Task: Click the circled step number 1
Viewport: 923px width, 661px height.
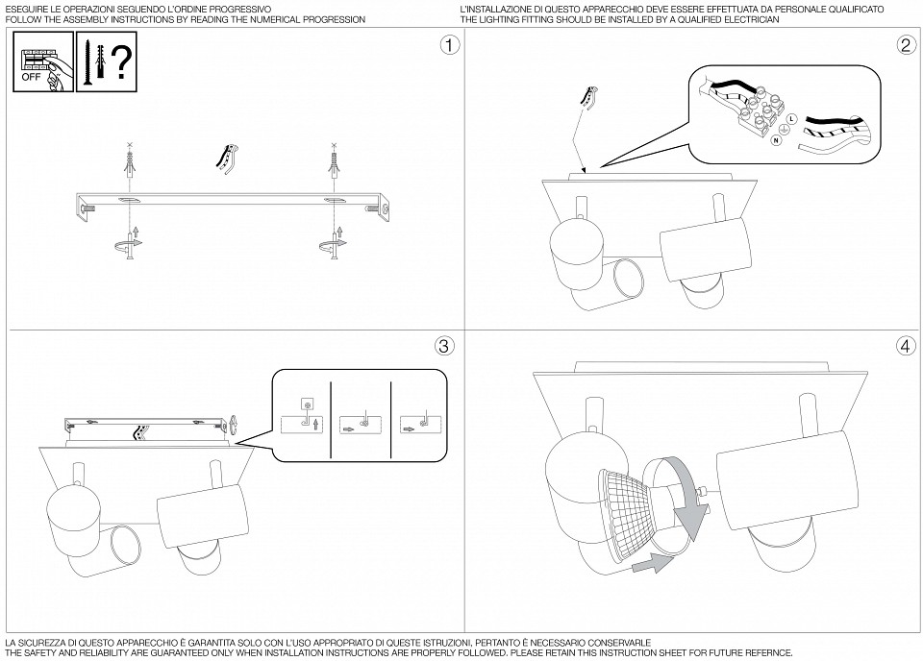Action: (447, 45)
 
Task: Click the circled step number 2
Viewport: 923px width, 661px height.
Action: (905, 45)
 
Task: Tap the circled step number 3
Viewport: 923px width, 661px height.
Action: (443, 346)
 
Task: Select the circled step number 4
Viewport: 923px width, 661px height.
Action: (905, 346)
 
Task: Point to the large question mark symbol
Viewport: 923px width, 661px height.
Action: (119, 62)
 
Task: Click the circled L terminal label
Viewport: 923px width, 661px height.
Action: (790, 118)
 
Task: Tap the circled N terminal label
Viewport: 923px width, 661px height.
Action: (775, 140)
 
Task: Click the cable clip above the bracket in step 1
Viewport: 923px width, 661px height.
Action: (229, 159)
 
